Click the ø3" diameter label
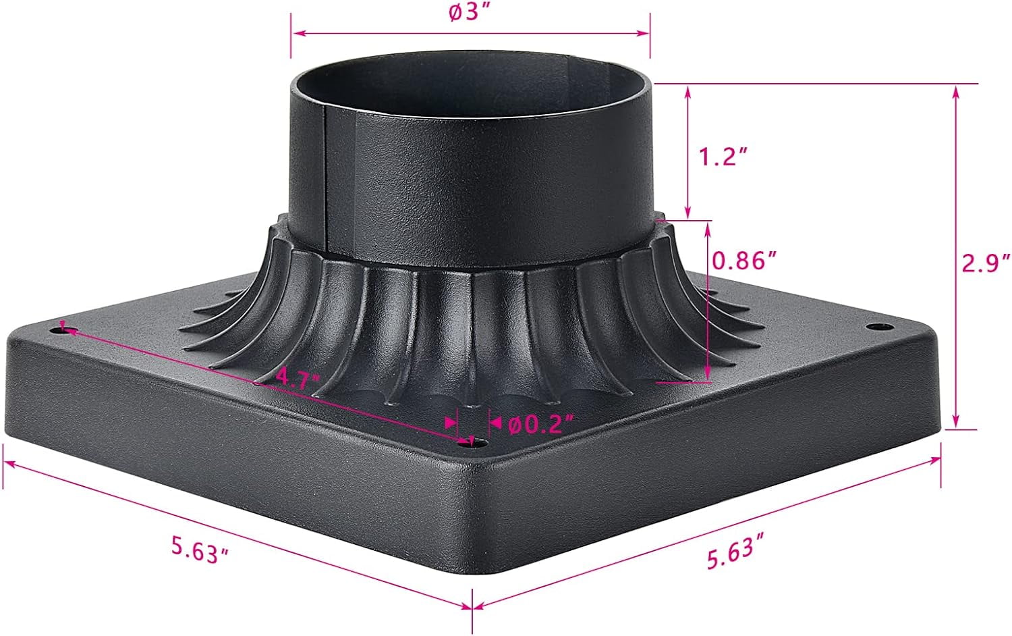pyautogui.click(x=470, y=15)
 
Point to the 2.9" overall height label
pyautogui.click(x=986, y=262)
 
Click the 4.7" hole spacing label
pyautogui.click(x=298, y=378)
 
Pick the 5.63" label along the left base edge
pyautogui.click(x=200, y=550)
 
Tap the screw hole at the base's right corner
pyautogui.click(x=875, y=327)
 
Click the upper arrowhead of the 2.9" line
pyautogui.click(x=955, y=90)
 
